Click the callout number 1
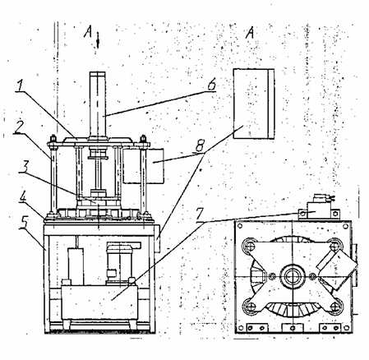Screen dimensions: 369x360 (21, 85)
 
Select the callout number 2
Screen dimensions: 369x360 (19, 127)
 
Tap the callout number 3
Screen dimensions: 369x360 (24, 166)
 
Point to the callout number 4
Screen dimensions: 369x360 (24, 197)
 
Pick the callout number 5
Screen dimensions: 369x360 (24, 224)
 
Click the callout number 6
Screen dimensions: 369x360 (211, 85)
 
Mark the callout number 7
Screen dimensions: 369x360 (201, 215)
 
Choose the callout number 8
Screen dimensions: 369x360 (200, 145)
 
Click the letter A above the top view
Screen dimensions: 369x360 (250, 33)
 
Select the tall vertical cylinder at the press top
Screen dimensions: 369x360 (97, 104)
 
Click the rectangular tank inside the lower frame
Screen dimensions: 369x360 (99, 302)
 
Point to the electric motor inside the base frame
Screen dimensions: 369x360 (119, 262)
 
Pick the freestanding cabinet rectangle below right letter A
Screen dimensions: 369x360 (254, 104)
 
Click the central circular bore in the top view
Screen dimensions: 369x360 (293, 276)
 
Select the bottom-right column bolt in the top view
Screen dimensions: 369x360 (334, 307)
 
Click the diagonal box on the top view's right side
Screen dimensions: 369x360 (337, 270)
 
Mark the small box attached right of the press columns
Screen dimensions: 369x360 (144, 166)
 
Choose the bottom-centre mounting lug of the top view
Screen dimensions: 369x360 (293, 328)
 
